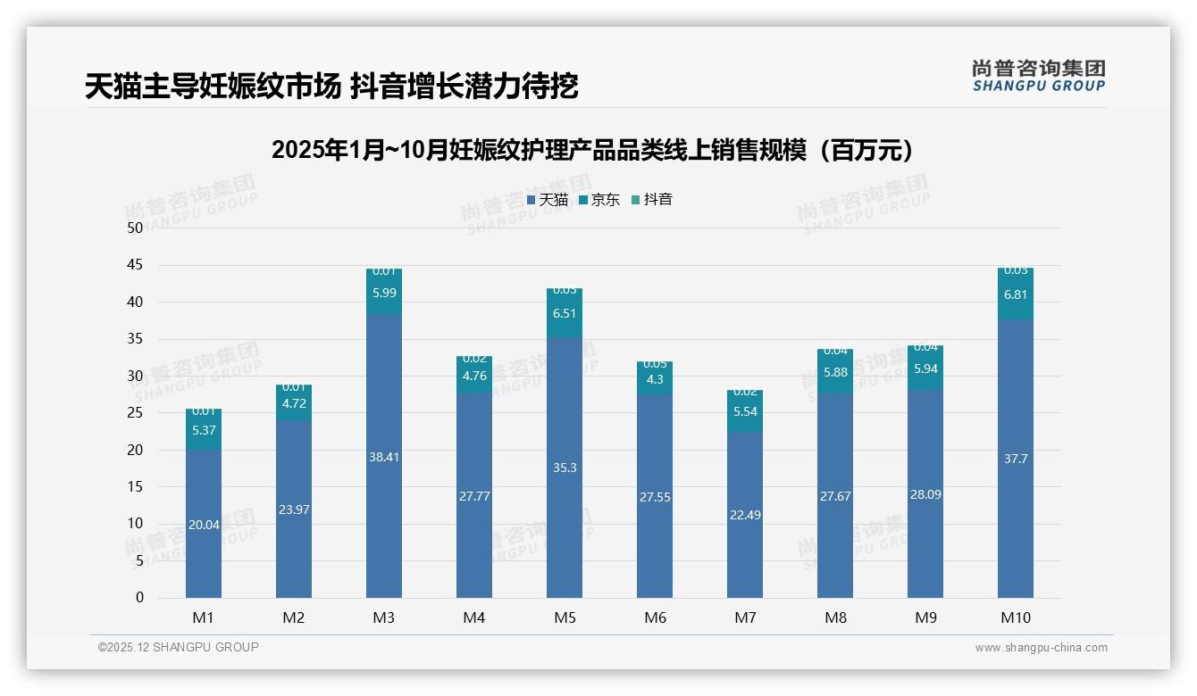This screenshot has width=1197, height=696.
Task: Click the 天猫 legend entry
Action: pyautogui.click(x=547, y=200)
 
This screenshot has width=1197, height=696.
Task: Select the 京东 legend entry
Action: pyautogui.click(x=598, y=200)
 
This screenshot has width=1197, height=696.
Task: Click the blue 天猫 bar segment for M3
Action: pyautogui.click(x=384, y=455)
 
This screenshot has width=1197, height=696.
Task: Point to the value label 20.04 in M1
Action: pyautogui.click(x=204, y=525)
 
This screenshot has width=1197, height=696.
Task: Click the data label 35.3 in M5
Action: pyautogui.click(x=565, y=468)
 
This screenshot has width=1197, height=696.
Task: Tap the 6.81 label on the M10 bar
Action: pyautogui.click(x=1016, y=294)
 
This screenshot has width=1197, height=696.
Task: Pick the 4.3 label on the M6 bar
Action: pyautogui.click(x=655, y=379)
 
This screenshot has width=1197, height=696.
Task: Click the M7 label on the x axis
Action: pyautogui.click(x=745, y=617)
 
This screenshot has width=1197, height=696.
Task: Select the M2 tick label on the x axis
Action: pyautogui.click(x=294, y=617)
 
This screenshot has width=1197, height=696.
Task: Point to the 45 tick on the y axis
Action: pyautogui.click(x=135, y=265)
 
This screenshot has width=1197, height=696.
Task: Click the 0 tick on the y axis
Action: pyautogui.click(x=139, y=598)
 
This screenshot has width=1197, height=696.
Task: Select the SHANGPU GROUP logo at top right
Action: pyautogui.click(x=1038, y=76)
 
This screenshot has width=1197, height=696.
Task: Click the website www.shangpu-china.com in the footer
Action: pyautogui.click(x=1041, y=648)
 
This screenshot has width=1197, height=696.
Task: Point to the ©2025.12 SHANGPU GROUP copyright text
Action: pyautogui.click(x=179, y=648)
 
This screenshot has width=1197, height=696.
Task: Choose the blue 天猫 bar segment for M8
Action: pyautogui.click(x=835, y=495)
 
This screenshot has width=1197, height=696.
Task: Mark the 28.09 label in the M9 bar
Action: pyautogui.click(x=925, y=494)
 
